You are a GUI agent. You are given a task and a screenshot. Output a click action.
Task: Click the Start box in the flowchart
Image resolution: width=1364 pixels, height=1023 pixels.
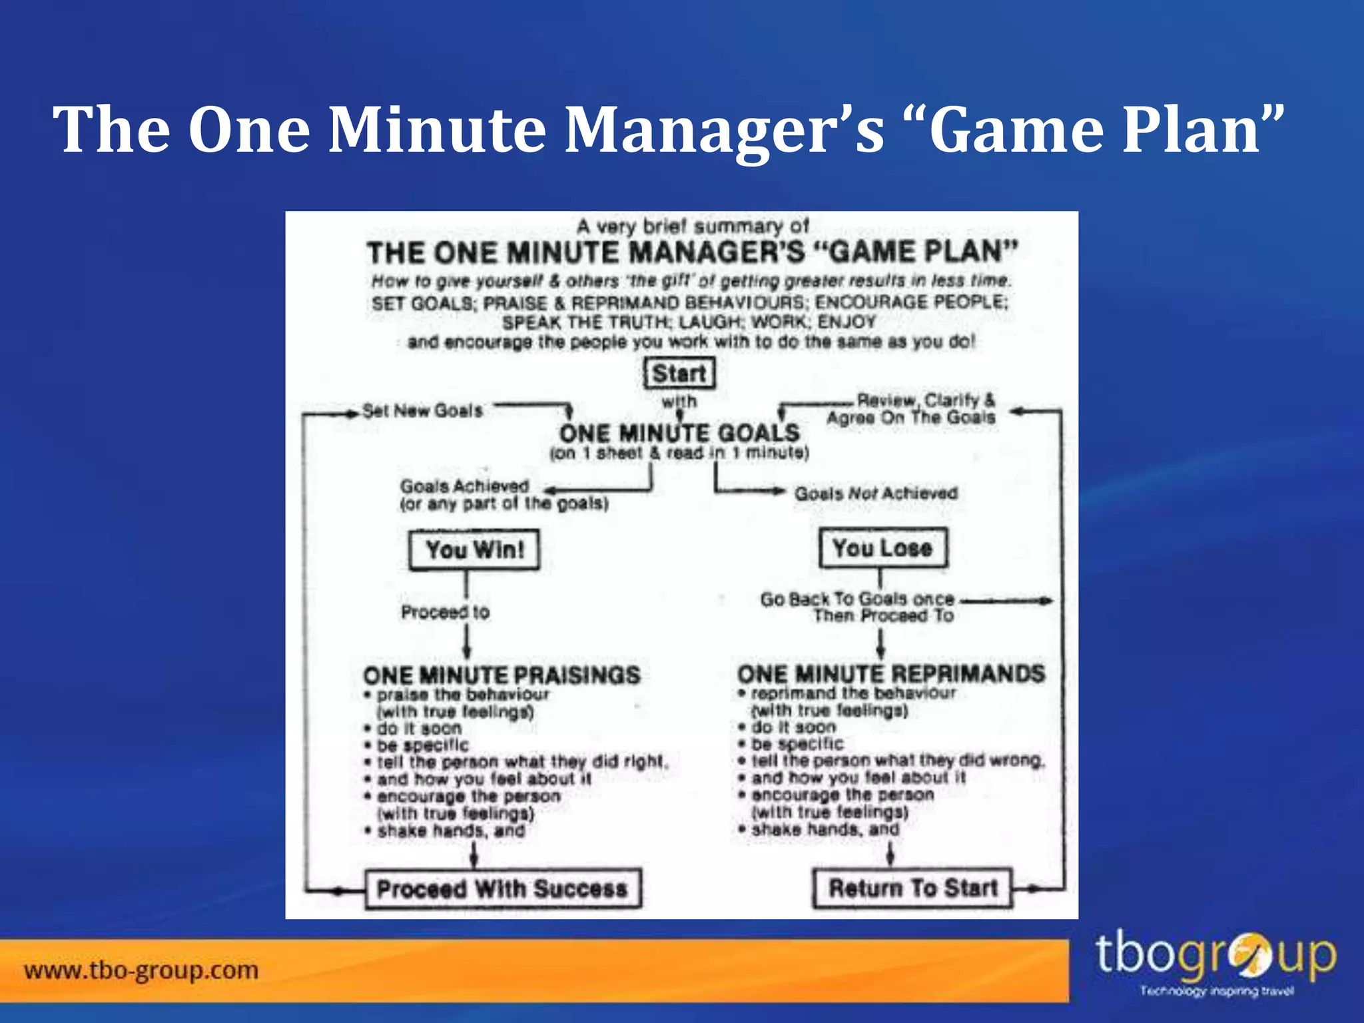pyautogui.click(x=679, y=373)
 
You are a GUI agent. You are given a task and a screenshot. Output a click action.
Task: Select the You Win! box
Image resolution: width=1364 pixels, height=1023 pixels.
pyautogui.click(x=474, y=550)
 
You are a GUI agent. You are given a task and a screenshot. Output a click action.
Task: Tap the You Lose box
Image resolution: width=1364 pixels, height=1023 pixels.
pyautogui.click(x=882, y=548)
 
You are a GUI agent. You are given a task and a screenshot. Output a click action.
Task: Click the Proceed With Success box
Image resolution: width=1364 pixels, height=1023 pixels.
pyautogui.click(x=503, y=888)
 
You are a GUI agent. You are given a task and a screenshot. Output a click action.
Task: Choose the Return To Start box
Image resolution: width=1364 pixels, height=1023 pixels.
pyautogui.click(x=912, y=888)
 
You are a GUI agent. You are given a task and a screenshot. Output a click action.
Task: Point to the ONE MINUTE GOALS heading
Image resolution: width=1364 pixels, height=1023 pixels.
pyautogui.click(x=679, y=434)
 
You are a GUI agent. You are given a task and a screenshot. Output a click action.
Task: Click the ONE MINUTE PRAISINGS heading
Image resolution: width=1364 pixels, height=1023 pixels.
pyautogui.click(x=502, y=675)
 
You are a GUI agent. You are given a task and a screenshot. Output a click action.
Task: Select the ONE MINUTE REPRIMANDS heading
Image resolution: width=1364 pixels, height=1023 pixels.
pyautogui.click(x=891, y=674)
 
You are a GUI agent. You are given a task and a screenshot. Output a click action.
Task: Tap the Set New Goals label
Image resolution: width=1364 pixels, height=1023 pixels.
pyautogui.click(x=422, y=411)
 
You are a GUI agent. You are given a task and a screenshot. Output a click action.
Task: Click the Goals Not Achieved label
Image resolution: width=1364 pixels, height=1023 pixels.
pyautogui.click(x=876, y=494)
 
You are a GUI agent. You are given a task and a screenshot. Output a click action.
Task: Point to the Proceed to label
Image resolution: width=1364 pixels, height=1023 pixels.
pyautogui.click(x=445, y=612)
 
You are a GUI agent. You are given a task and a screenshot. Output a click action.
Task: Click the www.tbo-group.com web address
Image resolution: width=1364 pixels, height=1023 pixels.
pyautogui.click(x=141, y=970)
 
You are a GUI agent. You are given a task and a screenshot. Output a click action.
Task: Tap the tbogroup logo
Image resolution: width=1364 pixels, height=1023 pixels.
pyautogui.click(x=1215, y=963)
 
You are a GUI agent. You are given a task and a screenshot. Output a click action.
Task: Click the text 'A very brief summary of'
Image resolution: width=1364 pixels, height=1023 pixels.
pyautogui.click(x=693, y=226)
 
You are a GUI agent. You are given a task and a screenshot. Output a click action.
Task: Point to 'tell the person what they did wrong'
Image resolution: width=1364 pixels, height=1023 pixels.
pyautogui.click(x=897, y=761)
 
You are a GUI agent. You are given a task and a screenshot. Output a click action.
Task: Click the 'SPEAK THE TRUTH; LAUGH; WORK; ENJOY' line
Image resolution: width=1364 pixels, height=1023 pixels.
pyautogui.click(x=689, y=322)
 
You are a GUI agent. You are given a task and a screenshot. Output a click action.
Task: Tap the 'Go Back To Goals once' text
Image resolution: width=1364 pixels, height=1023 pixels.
pyautogui.click(x=857, y=599)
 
